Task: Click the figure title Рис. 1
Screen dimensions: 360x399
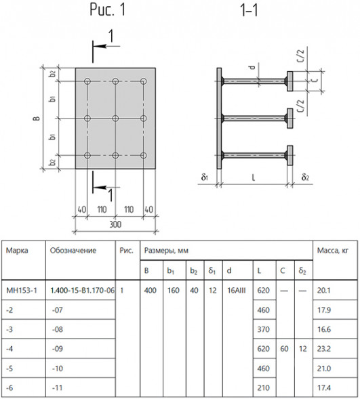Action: point(108,10)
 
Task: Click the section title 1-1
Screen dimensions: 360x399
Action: point(249,10)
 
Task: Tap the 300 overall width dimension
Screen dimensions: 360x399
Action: point(115,225)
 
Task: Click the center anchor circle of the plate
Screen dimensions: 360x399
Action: point(115,119)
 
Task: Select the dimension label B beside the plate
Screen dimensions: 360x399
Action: point(37,118)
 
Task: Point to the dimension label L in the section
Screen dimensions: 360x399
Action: point(254,177)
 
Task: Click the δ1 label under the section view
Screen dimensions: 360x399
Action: point(205,177)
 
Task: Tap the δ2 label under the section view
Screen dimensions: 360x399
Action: point(305,177)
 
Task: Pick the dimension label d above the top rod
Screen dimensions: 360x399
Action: point(252,67)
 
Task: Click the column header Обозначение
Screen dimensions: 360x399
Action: point(73,251)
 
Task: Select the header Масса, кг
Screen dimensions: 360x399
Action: point(332,251)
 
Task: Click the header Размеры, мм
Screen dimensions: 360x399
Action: point(166,251)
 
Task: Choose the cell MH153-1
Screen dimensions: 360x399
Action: point(22,290)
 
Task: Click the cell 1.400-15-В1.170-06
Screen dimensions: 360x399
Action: point(82,290)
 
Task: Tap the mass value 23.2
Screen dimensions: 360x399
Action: point(324,349)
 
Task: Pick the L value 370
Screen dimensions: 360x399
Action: point(263,329)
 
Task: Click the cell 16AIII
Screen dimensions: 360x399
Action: point(236,290)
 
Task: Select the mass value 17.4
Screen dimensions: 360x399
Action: point(324,387)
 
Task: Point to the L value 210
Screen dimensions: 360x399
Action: point(263,387)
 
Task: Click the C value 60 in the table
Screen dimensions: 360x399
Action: point(284,349)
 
